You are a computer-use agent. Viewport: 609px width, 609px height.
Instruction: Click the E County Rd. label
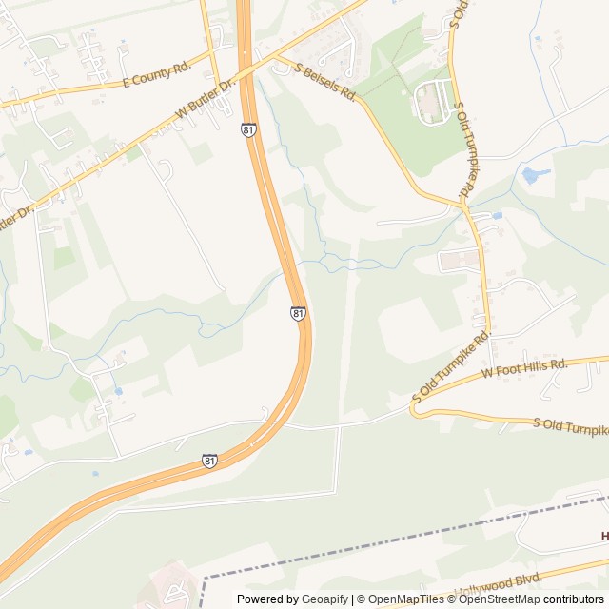(x=158, y=83)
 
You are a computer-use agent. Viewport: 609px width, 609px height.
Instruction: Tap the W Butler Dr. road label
(x=205, y=99)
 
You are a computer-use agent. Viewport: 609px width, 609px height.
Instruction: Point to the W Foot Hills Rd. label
(x=524, y=368)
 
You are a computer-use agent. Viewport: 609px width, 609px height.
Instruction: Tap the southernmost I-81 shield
(x=210, y=461)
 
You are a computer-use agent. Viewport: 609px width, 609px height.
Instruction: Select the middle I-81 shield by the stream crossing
(x=298, y=313)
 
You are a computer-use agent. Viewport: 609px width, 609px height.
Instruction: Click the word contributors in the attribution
(x=574, y=599)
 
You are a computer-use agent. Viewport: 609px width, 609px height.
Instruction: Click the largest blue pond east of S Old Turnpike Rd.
(x=530, y=175)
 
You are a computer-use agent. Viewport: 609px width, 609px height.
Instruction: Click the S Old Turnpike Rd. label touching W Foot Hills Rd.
(x=450, y=366)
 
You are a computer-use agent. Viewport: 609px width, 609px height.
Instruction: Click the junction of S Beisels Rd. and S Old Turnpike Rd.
(x=462, y=204)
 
